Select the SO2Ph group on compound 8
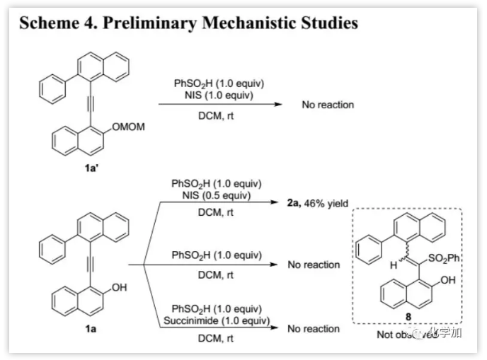[x=447, y=259]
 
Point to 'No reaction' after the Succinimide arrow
[x=314, y=329]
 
